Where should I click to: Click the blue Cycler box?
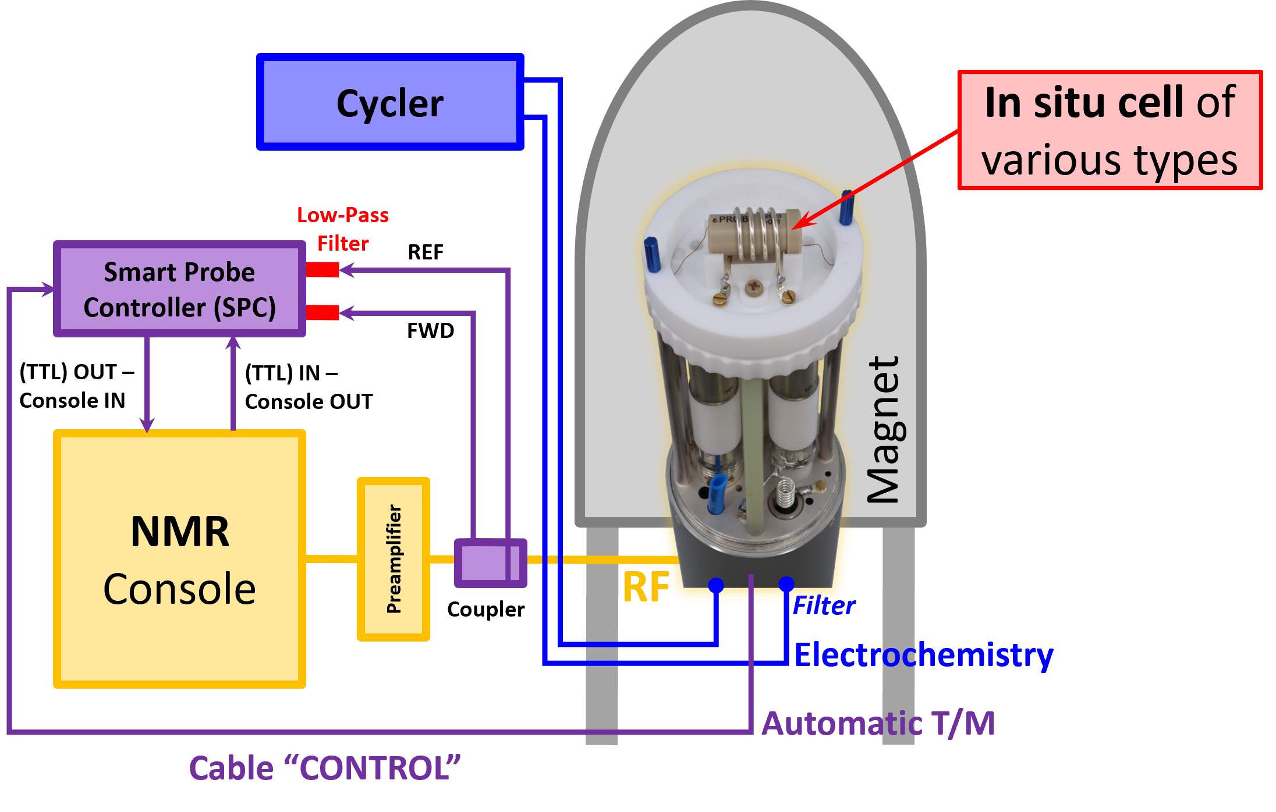pos(390,102)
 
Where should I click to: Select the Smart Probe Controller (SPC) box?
pos(179,289)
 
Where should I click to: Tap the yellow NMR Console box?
pos(179,558)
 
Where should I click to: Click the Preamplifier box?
pos(394,559)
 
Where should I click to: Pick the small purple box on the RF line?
pos(490,562)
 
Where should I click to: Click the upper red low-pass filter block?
pos(322,269)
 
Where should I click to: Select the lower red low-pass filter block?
pos(322,312)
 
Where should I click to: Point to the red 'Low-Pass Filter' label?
pos(343,229)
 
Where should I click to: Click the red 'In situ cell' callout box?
pos(1110,130)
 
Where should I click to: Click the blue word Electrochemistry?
pos(923,655)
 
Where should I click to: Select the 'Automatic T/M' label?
pos(878,724)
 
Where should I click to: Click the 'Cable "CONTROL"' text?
pos(325,768)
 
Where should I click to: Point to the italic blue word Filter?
pos(824,606)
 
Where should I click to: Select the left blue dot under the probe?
pos(716,585)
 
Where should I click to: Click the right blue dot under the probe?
pos(786,583)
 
